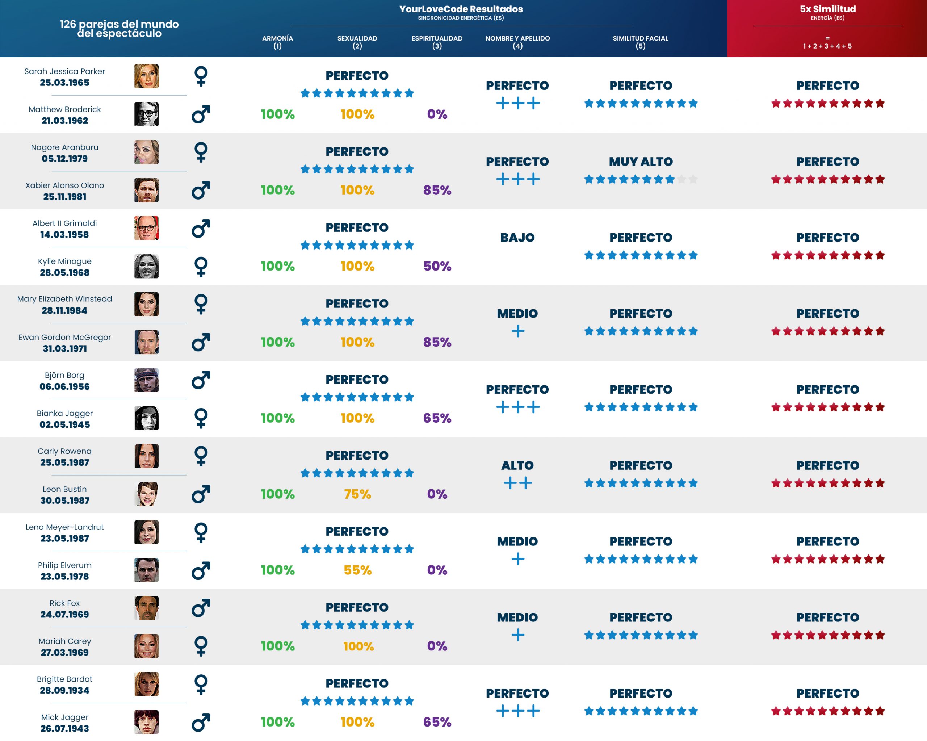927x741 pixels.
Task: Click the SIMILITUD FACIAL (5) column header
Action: click(640, 42)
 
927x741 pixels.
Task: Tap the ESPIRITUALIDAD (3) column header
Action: click(437, 42)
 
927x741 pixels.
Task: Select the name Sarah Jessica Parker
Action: click(64, 71)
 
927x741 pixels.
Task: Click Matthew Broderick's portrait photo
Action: click(146, 114)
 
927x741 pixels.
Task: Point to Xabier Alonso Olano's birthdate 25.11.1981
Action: click(64, 197)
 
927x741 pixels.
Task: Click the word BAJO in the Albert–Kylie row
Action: click(517, 237)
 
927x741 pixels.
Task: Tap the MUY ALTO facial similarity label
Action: click(641, 162)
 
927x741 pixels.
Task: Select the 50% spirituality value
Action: click(437, 266)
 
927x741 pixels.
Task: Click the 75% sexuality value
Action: click(357, 494)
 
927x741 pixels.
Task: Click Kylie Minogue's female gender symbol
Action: click(201, 267)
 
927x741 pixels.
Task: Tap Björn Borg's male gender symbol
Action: click(201, 380)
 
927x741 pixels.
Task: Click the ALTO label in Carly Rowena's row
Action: click(517, 465)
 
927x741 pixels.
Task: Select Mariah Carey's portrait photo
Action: click(146, 646)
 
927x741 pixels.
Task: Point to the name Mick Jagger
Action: click(64, 717)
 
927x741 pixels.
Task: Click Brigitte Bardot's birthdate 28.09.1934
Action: click(64, 690)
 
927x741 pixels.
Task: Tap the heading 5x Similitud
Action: click(828, 9)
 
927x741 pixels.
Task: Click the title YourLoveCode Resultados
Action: click(461, 9)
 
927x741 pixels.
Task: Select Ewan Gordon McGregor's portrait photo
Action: click(146, 342)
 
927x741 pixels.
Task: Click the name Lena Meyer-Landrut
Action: click(64, 527)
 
